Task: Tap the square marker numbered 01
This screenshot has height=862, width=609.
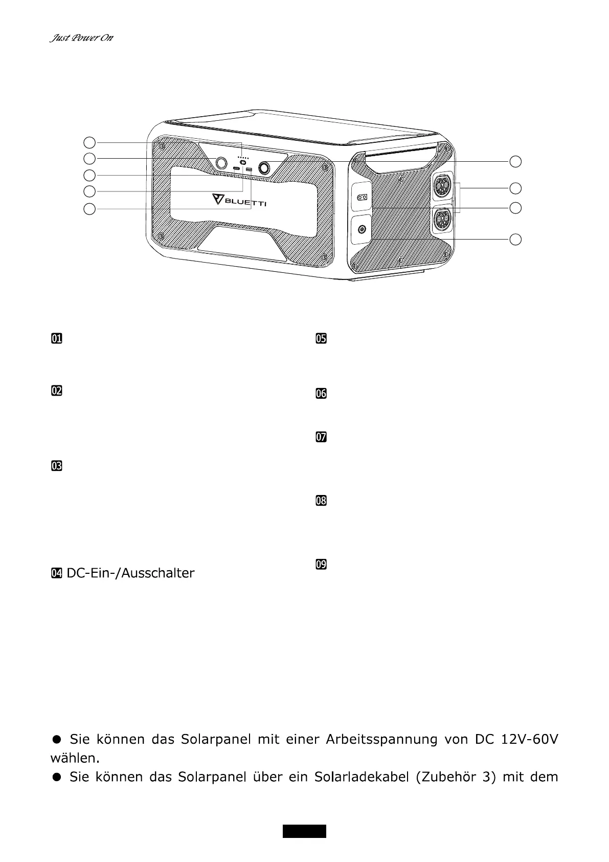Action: coord(56,338)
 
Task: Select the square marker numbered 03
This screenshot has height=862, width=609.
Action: coord(56,466)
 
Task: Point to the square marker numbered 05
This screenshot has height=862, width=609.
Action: coord(321,338)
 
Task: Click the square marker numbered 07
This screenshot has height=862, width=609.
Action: coord(321,437)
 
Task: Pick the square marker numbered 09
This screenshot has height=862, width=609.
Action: coord(321,565)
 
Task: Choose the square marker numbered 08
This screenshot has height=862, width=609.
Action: coord(321,501)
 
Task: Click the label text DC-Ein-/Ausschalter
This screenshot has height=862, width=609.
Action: coord(130,573)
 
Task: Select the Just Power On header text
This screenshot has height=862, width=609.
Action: coord(81,38)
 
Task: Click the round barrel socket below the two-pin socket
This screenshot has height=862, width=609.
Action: coord(362,229)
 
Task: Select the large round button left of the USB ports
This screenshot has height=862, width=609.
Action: coord(221,163)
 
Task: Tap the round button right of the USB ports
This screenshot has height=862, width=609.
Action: coord(265,167)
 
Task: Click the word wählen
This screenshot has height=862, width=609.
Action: coord(74,757)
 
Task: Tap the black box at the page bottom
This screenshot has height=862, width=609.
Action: coord(304,831)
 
